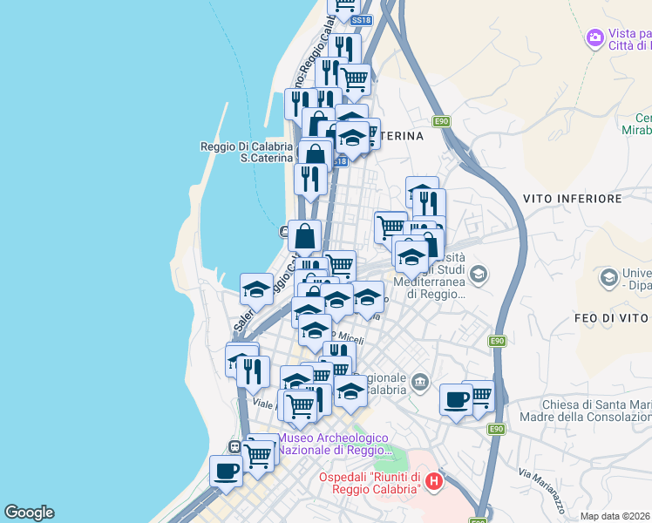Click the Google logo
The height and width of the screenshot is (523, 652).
click(29, 513)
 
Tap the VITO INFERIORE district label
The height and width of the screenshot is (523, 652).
click(573, 199)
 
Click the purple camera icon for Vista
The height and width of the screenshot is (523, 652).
click(595, 37)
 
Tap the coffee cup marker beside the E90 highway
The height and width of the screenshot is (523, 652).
click(455, 400)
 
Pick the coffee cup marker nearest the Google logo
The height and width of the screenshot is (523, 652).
click(227, 472)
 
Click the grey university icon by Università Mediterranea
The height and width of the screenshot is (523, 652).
click(478, 275)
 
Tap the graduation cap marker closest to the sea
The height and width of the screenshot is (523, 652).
click(256, 289)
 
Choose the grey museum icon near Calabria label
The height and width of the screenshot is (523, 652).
click(421, 382)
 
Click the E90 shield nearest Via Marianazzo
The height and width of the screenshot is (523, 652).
click(496, 429)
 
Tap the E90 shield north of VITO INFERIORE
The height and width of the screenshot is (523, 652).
click(442, 121)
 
